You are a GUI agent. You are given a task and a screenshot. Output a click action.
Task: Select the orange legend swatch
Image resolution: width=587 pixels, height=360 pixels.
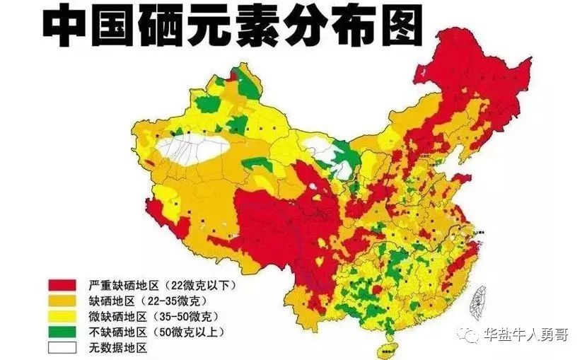[61, 301]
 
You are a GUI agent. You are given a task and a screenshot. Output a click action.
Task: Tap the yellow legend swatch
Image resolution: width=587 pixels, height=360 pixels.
[61, 316]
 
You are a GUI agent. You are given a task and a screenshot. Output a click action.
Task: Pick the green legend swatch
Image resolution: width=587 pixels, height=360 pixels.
[61, 332]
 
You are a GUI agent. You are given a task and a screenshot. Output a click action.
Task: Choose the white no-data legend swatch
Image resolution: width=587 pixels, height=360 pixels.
[61, 347]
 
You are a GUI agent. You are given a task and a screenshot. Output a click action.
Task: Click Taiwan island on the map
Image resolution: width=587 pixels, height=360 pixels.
[483, 300]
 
